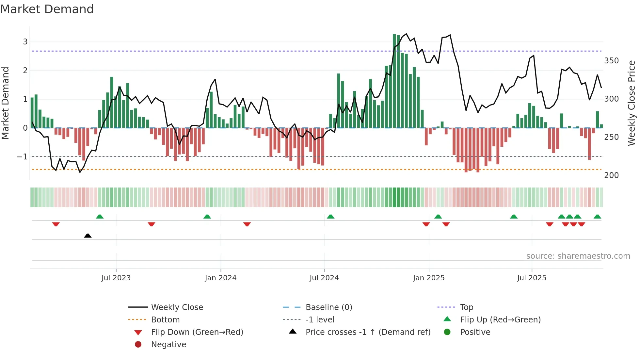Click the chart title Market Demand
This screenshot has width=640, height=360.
(47, 9)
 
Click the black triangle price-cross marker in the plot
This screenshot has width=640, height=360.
(88, 236)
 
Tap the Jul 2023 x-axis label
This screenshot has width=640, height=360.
(116, 278)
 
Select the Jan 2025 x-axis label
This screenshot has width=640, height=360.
(428, 278)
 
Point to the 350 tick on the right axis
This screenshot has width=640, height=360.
(611, 61)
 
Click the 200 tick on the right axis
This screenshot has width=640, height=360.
(611, 175)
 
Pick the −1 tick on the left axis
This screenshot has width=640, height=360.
(22, 157)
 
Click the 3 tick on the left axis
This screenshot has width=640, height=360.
(25, 42)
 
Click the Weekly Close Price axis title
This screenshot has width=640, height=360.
(632, 103)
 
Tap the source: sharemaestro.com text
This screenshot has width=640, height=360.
(578, 256)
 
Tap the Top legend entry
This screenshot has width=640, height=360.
(466, 307)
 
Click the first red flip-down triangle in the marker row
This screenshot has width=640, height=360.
(56, 224)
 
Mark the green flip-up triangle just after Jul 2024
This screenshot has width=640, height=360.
(330, 217)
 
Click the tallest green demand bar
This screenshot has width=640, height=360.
(394, 81)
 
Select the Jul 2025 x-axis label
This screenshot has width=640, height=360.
(531, 278)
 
